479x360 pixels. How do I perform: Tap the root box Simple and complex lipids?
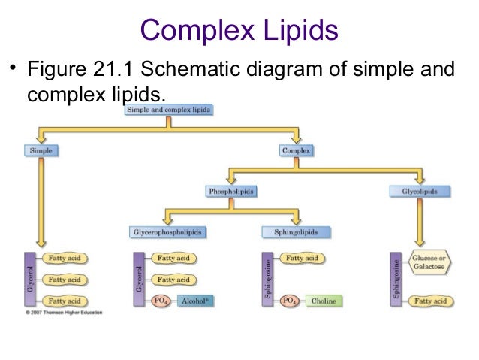(167, 110)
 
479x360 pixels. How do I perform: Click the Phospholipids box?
(230, 192)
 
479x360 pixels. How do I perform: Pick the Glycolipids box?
(420, 192)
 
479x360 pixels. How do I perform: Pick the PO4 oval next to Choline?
(289, 301)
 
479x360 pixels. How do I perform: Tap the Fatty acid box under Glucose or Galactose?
(431, 301)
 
